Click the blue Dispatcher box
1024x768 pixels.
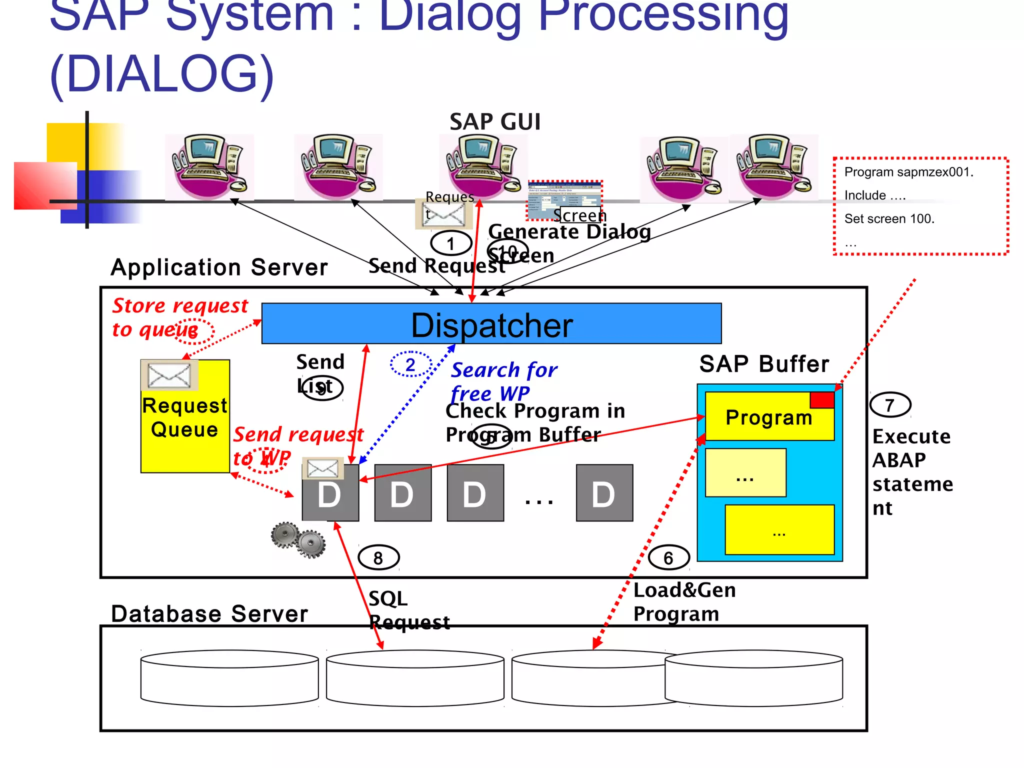[x=491, y=323]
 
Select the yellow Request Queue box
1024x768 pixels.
[x=185, y=430]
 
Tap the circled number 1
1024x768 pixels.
[x=451, y=243]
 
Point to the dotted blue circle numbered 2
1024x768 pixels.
[x=410, y=364]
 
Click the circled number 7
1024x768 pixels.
[x=890, y=405]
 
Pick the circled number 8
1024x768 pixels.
[x=378, y=557]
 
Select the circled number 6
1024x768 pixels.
[x=668, y=557]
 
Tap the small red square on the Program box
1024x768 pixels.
[x=822, y=400]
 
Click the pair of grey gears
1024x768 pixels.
[x=298, y=540]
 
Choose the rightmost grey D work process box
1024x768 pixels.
[x=604, y=493]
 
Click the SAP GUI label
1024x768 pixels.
[x=495, y=122]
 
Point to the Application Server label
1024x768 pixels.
[x=219, y=267]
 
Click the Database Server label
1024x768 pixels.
[x=209, y=614]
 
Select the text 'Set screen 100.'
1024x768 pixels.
[x=889, y=218]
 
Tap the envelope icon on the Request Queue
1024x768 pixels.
[x=169, y=375]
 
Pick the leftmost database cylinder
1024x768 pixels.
[x=229, y=678]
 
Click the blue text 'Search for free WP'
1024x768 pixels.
[x=503, y=381]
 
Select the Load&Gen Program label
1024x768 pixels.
[x=683, y=602]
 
